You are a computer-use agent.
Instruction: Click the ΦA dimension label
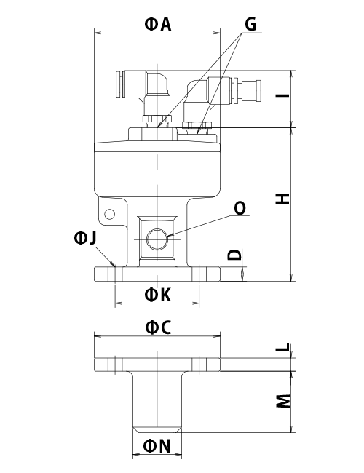(158, 25)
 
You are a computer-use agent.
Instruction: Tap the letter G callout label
(250, 24)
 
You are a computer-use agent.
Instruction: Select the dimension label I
(282, 95)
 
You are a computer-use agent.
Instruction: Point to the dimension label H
(282, 199)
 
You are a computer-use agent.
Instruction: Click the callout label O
(240, 208)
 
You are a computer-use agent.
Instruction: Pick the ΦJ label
(85, 238)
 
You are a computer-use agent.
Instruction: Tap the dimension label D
(235, 255)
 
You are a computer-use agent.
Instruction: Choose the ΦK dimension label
(158, 295)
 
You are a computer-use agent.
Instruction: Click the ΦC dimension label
(158, 327)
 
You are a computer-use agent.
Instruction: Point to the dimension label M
(283, 401)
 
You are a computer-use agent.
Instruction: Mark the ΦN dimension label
(157, 446)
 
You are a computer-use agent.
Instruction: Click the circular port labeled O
(157, 239)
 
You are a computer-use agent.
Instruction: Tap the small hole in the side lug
(109, 214)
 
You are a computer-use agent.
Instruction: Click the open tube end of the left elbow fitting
(119, 84)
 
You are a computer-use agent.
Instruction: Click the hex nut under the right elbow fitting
(197, 125)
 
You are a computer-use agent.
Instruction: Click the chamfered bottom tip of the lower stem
(157, 429)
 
